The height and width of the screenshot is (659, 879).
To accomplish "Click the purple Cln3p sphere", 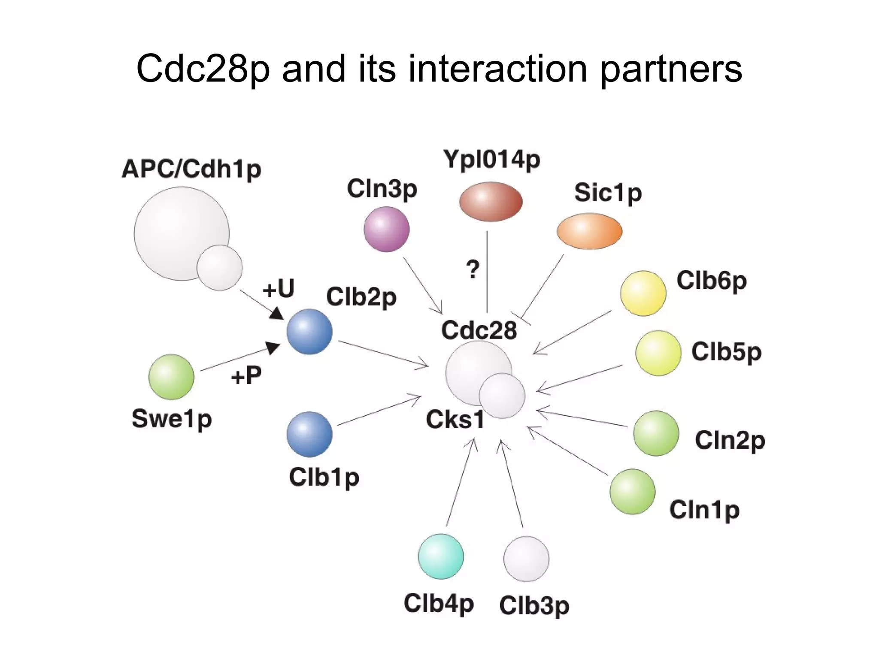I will pyautogui.click(x=386, y=229).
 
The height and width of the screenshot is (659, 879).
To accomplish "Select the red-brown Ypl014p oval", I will pyautogui.click(x=491, y=202).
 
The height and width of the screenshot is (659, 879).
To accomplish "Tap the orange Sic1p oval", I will pyautogui.click(x=589, y=231).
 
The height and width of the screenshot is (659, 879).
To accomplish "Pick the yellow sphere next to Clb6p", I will pyautogui.click(x=643, y=293).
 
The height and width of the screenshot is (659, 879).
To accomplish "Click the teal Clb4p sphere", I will pyautogui.click(x=441, y=556).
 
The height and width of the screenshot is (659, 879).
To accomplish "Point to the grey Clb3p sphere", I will pyautogui.click(x=526, y=559).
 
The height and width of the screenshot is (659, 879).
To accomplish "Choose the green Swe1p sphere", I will pyautogui.click(x=171, y=377).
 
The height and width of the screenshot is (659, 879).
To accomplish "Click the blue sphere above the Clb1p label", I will pyautogui.click(x=309, y=434).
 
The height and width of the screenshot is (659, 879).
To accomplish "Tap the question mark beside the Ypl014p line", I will pyautogui.click(x=473, y=270).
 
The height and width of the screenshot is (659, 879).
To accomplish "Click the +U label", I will pyautogui.click(x=279, y=288).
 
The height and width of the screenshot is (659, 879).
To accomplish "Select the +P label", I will pyautogui.click(x=246, y=376).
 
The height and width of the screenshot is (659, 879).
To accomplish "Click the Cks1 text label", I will pyautogui.click(x=455, y=420).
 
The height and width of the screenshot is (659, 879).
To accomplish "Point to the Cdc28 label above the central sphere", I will pyautogui.click(x=479, y=330).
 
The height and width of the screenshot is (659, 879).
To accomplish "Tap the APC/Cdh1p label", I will pyautogui.click(x=191, y=169).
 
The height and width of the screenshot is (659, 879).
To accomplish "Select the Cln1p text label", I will pyautogui.click(x=704, y=510).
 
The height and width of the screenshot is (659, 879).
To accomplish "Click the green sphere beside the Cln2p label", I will pyautogui.click(x=656, y=433).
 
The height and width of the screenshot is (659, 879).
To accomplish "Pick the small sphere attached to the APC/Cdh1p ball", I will pyautogui.click(x=219, y=268).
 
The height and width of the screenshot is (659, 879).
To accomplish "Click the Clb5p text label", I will pyautogui.click(x=726, y=352).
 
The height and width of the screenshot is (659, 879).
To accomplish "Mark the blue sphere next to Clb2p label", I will pyautogui.click(x=309, y=332).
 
